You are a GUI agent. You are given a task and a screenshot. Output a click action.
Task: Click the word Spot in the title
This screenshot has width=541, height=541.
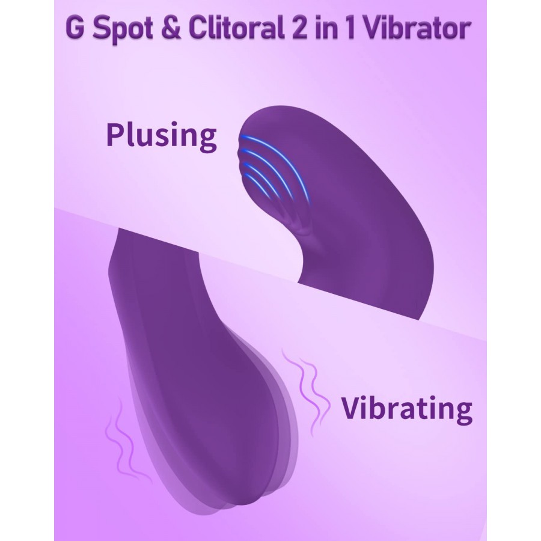123,29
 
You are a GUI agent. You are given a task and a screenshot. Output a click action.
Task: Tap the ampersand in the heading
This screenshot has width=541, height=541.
171,28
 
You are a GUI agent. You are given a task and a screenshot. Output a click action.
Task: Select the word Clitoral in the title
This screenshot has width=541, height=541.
236,27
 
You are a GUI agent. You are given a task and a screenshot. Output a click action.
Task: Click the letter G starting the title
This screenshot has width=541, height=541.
75,28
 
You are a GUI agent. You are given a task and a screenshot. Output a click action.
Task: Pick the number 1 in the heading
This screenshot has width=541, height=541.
349,28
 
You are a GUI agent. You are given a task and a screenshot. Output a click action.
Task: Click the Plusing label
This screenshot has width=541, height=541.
162,136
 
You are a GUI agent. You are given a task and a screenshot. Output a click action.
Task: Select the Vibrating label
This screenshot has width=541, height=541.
407,409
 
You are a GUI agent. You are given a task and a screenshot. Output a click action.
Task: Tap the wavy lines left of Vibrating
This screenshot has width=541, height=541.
305,390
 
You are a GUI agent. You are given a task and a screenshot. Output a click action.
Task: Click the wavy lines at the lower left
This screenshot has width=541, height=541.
125,442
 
